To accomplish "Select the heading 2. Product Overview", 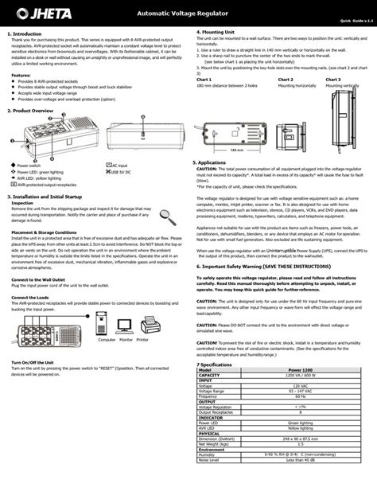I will point(31,111).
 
